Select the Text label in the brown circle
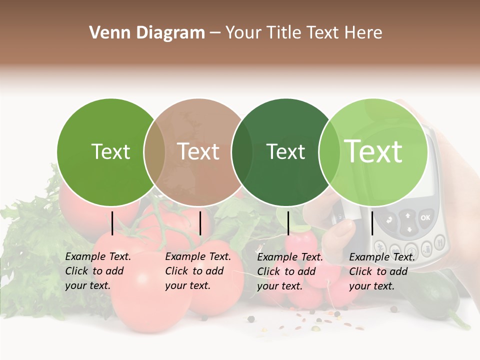tap(198, 151)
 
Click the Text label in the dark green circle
tap(285, 151)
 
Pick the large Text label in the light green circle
tap(373, 151)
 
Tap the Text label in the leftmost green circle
tap(111, 151)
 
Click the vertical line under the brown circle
tap(200, 223)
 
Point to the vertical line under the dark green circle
tap(288, 223)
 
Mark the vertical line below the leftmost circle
tap(112, 223)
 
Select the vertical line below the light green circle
tap(372, 223)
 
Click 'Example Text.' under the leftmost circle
tap(98, 256)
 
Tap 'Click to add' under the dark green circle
tap(286, 271)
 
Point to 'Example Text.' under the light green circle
tap(382, 257)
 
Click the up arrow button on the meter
tap(408, 216)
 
